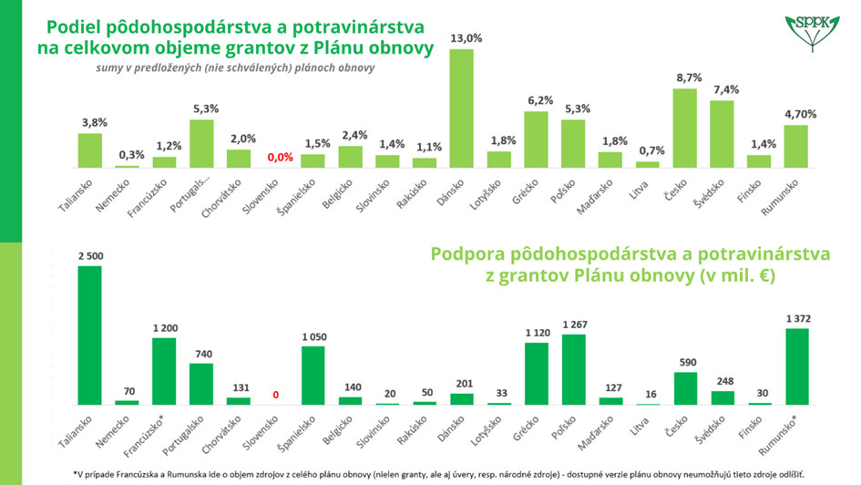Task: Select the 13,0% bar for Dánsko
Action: tap(461, 108)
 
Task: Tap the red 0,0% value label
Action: tap(280, 157)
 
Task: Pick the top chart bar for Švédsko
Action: tap(722, 134)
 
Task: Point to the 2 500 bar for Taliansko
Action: tap(89, 335)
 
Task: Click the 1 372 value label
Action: tap(795, 318)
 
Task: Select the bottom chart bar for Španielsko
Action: tap(313, 375)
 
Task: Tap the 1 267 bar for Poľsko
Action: tap(574, 369)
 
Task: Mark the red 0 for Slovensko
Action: tap(275, 396)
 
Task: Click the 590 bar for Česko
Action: tap(685, 388)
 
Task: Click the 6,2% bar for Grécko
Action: tap(536, 139)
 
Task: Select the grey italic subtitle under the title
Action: tap(235, 67)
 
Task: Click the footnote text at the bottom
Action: tap(438, 473)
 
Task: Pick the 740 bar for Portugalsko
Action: tap(201, 384)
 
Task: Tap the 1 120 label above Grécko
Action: tap(536, 333)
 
